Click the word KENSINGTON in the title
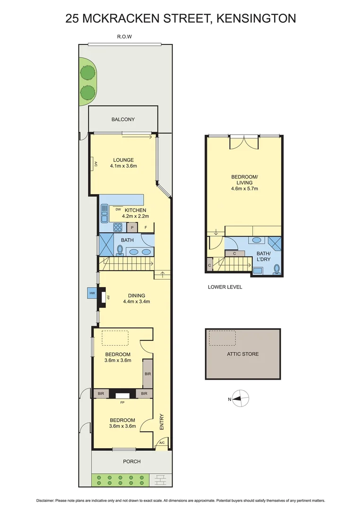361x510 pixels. (258, 18)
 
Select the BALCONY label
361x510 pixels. (123, 119)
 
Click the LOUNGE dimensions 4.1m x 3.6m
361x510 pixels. (123, 166)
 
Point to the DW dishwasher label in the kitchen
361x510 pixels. (118, 209)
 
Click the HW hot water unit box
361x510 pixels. (92, 293)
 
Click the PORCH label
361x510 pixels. (132, 461)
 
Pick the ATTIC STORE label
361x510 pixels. (243, 354)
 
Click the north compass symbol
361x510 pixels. (241, 399)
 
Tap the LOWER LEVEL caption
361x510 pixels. (225, 287)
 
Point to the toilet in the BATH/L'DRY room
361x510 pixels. (276, 269)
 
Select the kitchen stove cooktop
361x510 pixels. (118, 228)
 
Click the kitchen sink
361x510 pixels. (104, 215)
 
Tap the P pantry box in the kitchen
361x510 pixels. (132, 228)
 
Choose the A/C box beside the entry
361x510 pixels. (162, 443)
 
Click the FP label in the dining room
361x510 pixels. (108, 298)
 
